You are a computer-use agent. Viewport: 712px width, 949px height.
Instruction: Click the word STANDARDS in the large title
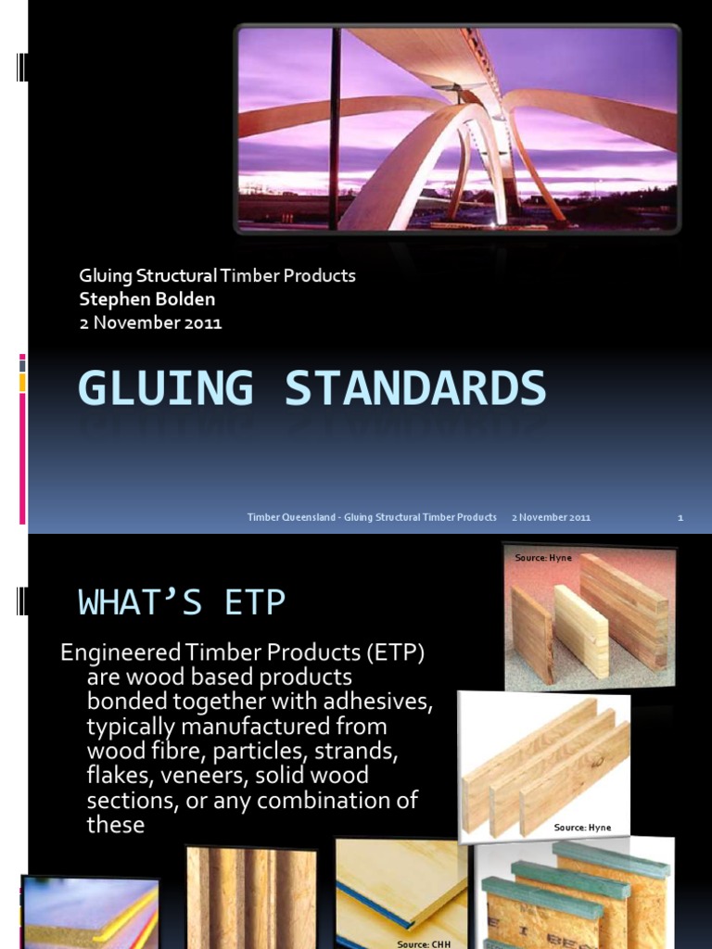click(x=415, y=388)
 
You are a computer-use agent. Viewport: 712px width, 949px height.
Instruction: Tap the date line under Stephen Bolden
click(x=150, y=323)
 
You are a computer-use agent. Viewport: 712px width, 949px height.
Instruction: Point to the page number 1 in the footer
click(x=680, y=517)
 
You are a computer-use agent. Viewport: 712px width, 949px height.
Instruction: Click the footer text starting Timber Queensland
click(x=372, y=517)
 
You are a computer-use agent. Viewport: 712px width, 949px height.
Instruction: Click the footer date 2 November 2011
click(x=551, y=517)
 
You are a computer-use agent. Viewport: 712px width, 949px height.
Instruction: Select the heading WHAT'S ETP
click(x=182, y=602)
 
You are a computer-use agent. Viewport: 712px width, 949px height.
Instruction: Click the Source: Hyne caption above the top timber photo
click(x=543, y=558)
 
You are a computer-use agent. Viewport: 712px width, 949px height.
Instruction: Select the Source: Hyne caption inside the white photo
click(x=582, y=827)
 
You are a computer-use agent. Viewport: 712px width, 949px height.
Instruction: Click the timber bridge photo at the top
click(x=457, y=128)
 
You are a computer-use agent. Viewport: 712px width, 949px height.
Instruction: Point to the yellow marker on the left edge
click(x=22, y=383)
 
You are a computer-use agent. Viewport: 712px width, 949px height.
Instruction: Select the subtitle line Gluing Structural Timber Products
click(x=217, y=276)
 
